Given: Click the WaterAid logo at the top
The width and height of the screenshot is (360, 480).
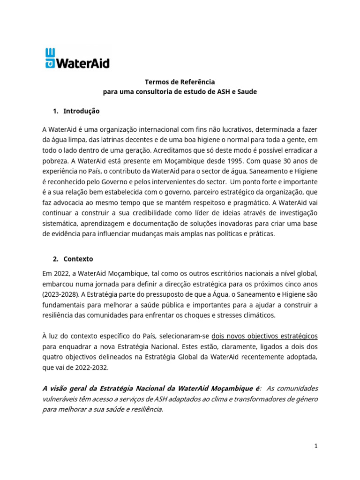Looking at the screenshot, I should point(77,58).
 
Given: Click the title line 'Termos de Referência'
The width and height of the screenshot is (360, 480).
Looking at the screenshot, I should point(180,82).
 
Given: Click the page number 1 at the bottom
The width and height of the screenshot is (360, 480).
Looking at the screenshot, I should point(316,446).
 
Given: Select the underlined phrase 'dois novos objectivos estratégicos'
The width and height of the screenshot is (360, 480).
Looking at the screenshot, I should point(265,336).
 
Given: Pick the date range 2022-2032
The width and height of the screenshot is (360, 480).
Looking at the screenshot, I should point(92,367).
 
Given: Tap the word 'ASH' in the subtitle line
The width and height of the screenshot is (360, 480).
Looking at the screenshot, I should point(218,92).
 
